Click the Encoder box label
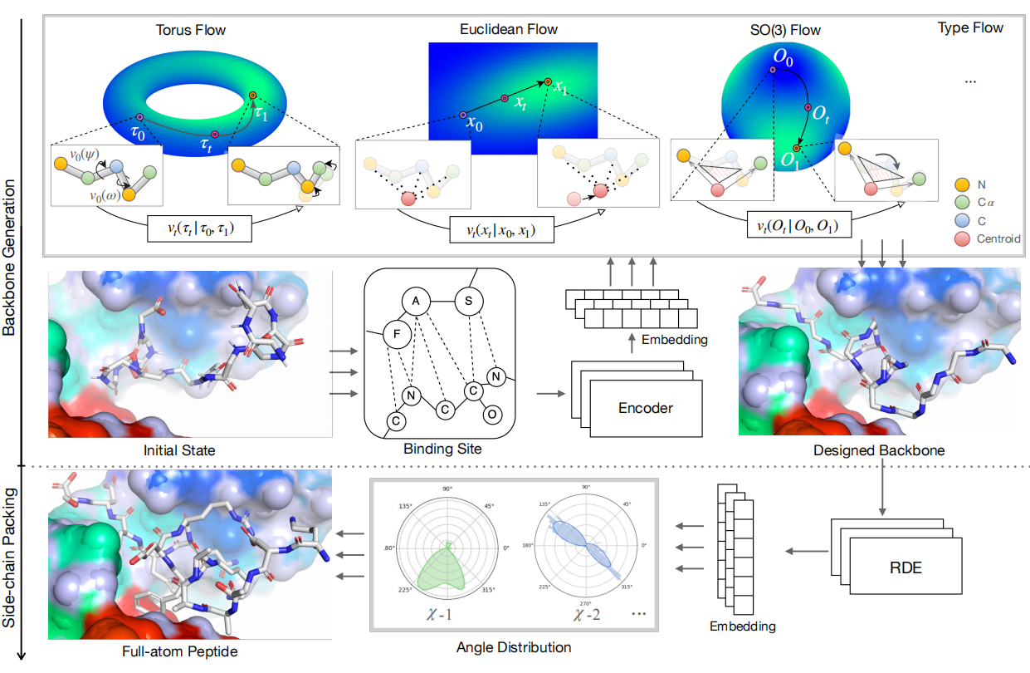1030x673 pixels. pos(645,407)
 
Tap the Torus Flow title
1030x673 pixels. pos(191,31)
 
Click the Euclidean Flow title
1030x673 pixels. pos(509,30)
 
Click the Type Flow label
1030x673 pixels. pos(970,28)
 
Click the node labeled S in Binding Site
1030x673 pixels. pos(469,299)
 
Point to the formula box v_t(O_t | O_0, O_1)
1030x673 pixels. pos(795,225)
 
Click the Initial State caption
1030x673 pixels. pos(179,450)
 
